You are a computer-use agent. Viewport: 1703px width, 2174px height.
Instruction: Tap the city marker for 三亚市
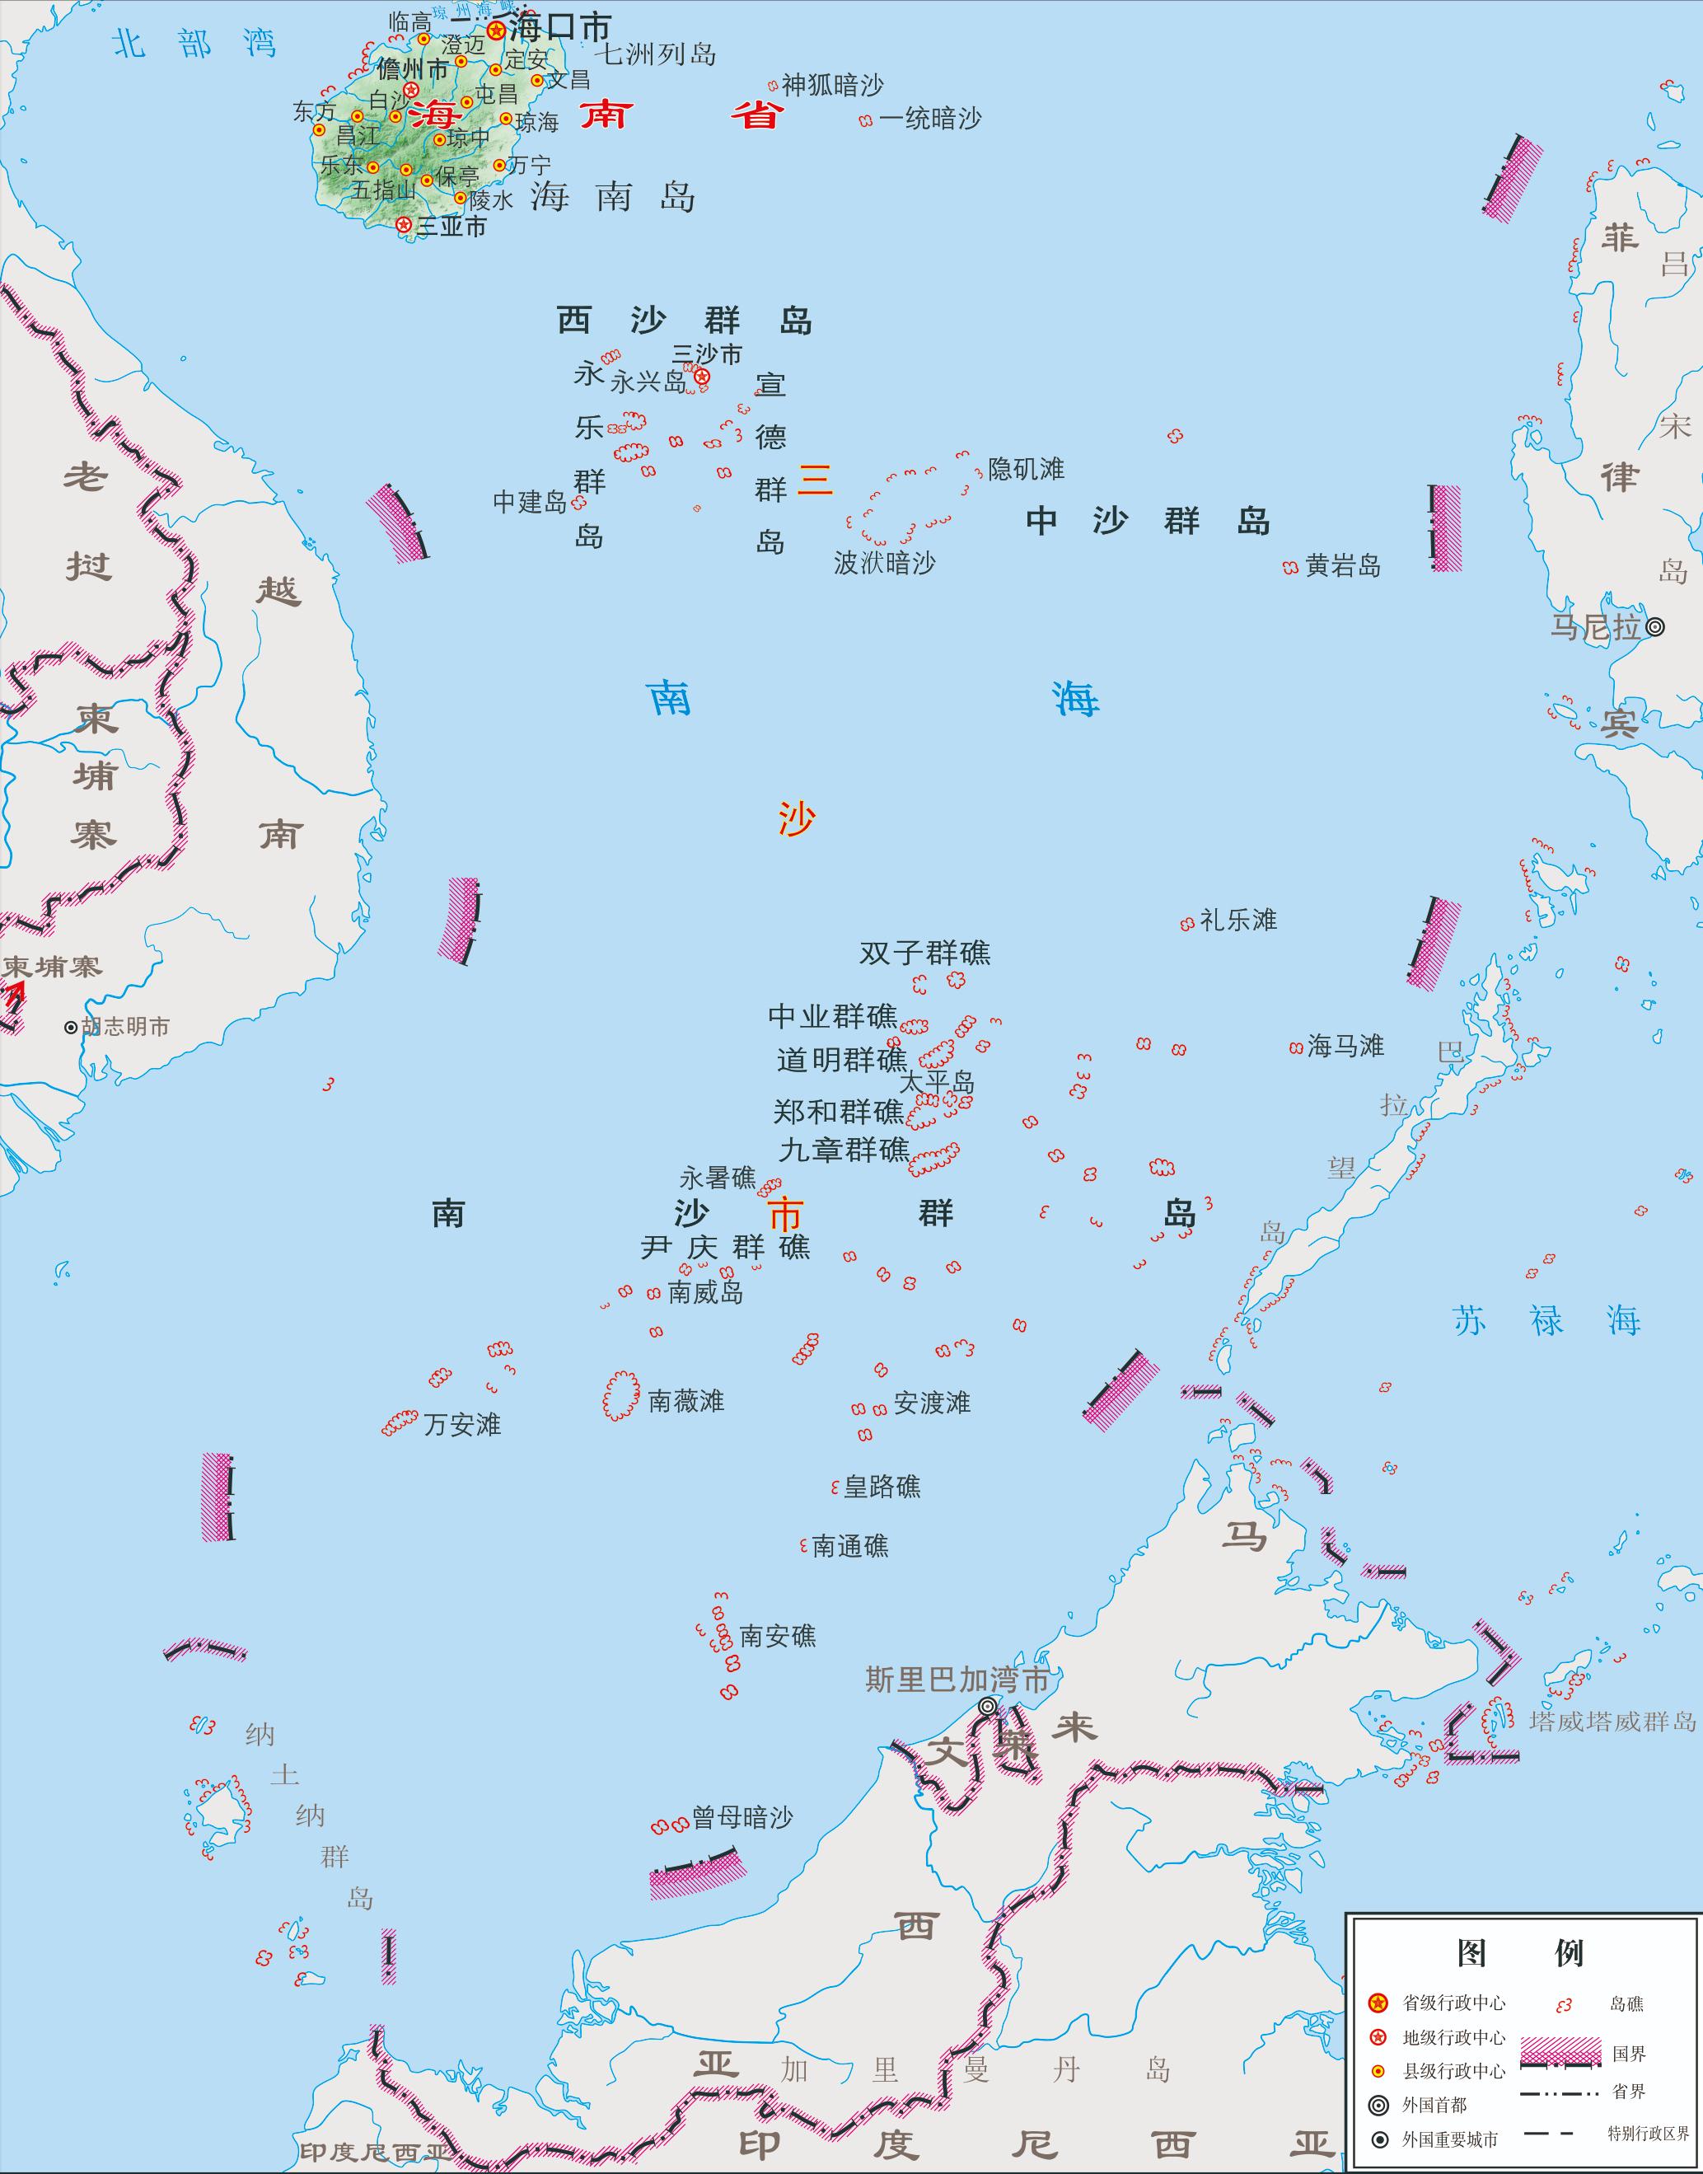pyautogui.click(x=403, y=225)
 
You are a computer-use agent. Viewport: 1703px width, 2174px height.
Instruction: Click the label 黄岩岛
pyautogui.click(x=1342, y=566)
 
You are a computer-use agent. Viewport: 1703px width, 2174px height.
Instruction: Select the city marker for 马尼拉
pyautogui.click(x=1654, y=627)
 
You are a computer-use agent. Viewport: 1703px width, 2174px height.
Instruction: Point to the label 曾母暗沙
pyautogui.click(x=743, y=1818)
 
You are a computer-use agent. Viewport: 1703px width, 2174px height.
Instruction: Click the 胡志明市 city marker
pyautogui.click(x=71, y=1027)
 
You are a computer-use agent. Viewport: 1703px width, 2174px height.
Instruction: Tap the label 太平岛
pyautogui.click(x=938, y=1083)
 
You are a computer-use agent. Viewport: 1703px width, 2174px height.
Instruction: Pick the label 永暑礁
pyautogui.click(x=718, y=1178)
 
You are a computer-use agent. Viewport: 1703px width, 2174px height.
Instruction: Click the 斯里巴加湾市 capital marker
pyautogui.click(x=987, y=1706)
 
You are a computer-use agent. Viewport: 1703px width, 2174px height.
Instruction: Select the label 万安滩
pyautogui.click(x=461, y=1424)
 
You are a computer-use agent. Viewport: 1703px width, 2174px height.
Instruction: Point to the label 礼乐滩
pyautogui.click(x=1237, y=920)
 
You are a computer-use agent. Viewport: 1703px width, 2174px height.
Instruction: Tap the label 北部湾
pyautogui.click(x=194, y=44)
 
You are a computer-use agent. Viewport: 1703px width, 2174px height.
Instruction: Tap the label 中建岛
pyautogui.click(x=530, y=503)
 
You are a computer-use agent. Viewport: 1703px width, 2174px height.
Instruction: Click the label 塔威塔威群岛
pyautogui.click(x=1612, y=1722)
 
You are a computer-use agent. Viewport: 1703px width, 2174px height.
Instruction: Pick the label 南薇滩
pyautogui.click(x=686, y=1401)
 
